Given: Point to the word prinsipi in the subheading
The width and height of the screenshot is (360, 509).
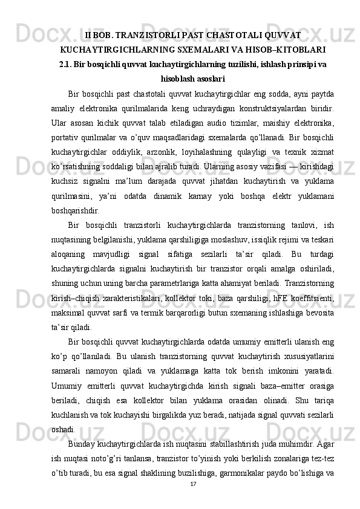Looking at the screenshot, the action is click(296, 63).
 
